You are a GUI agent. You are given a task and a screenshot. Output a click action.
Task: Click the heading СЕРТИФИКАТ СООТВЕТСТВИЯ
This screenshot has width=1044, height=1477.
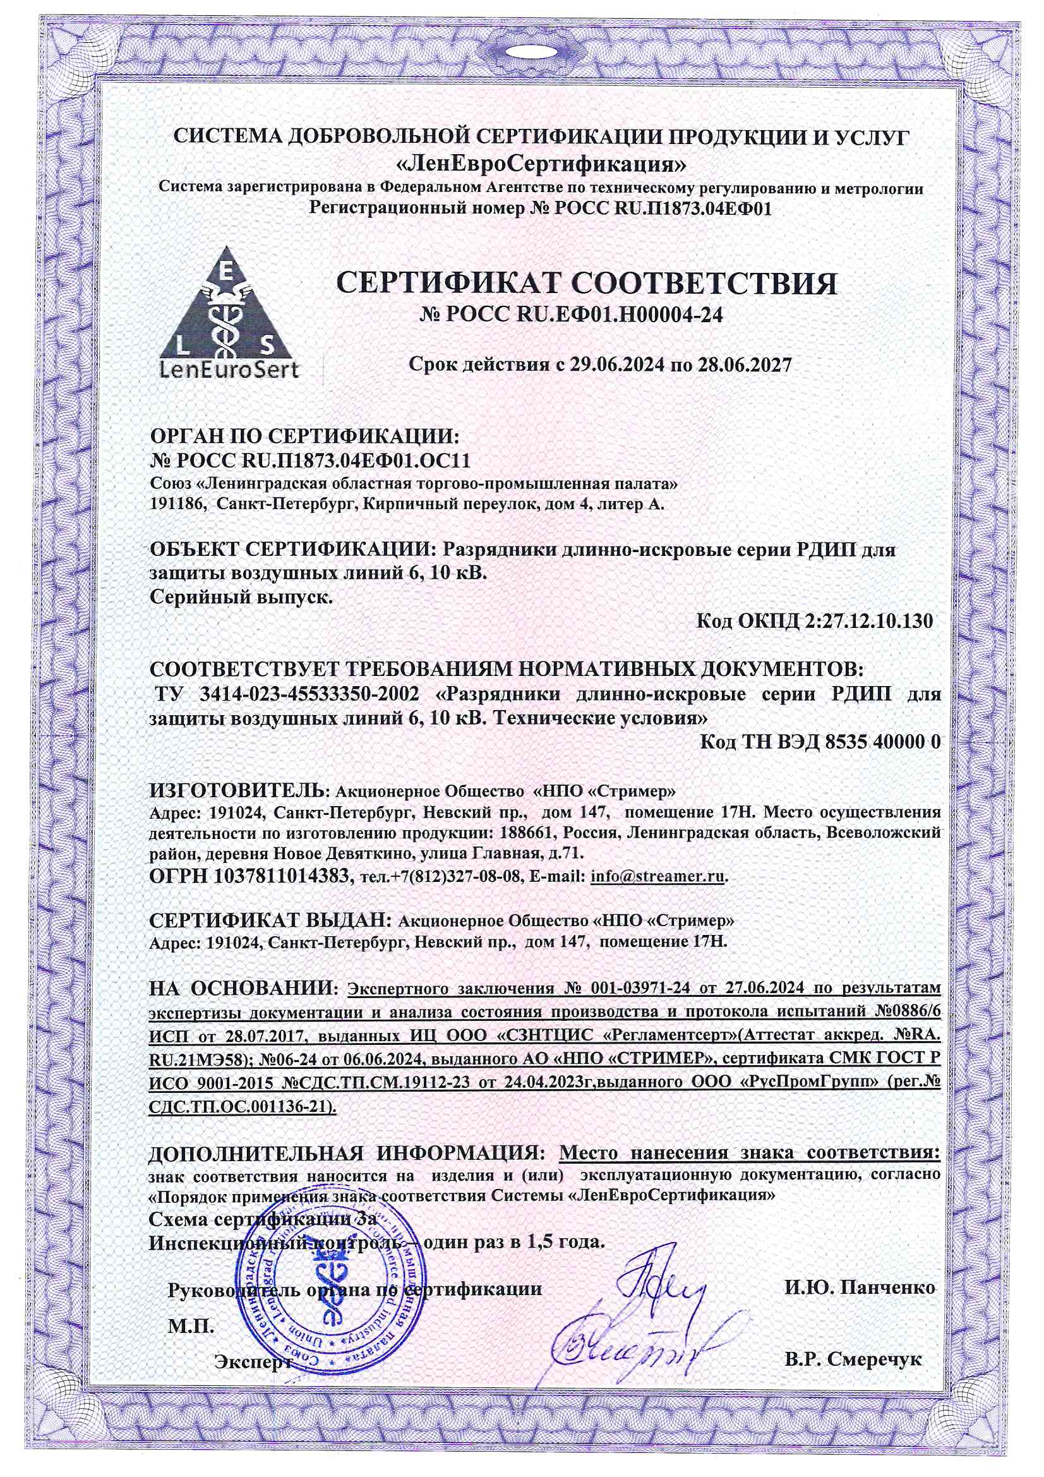coord(587,283)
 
